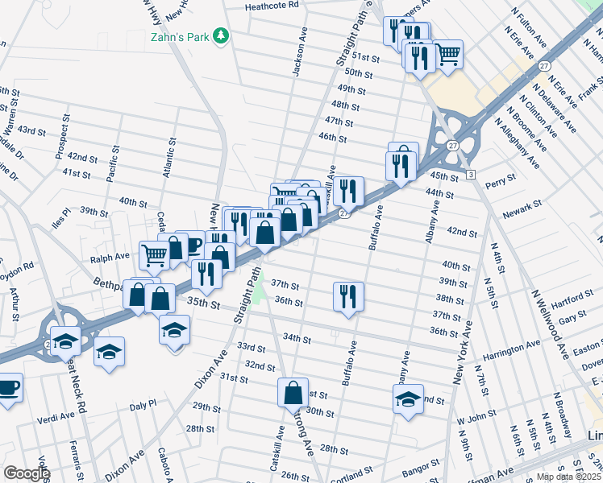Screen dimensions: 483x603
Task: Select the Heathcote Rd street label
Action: point(272,5)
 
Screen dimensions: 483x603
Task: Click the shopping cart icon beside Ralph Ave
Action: point(153,255)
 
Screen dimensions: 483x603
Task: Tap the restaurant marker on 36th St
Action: point(348,295)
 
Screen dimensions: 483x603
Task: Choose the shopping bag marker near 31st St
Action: point(293,392)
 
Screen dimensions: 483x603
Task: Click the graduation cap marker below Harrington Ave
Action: point(409,398)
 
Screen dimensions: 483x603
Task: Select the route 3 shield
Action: point(470,174)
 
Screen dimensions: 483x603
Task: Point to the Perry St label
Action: point(501,182)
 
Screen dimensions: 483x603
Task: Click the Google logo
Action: point(27,473)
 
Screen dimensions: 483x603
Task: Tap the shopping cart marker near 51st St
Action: point(448,54)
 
